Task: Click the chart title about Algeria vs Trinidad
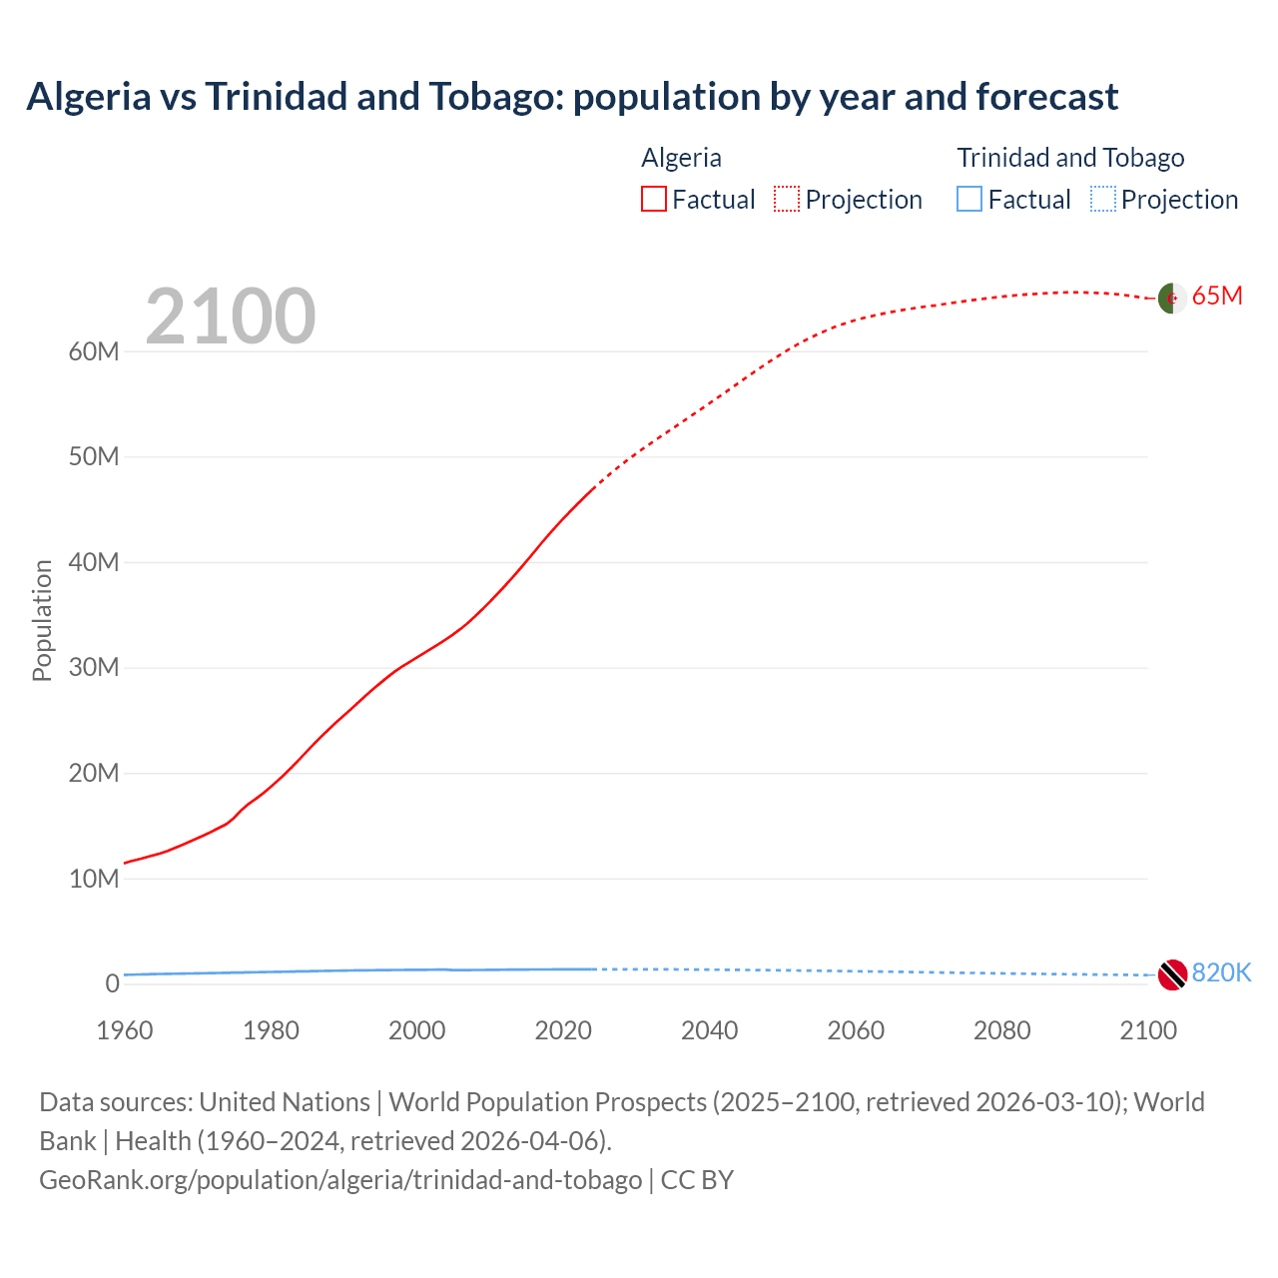(x=572, y=97)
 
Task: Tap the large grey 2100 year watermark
(x=231, y=317)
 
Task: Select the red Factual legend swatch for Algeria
(x=654, y=199)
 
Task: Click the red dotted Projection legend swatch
(x=787, y=199)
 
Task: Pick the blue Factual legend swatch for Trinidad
(x=969, y=199)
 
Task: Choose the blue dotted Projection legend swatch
(x=1103, y=199)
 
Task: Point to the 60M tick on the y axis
(x=94, y=351)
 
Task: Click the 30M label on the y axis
(x=94, y=667)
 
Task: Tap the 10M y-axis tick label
(x=94, y=879)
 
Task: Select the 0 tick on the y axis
(x=112, y=983)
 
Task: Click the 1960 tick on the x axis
(x=125, y=1030)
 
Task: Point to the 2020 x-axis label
(x=563, y=1030)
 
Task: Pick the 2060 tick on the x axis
(x=856, y=1030)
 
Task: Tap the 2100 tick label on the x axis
(x=1148, y=1030)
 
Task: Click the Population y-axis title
(x=42, y=620)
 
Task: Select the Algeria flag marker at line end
(x=1172, y=298)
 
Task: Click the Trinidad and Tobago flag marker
(x=1172, y=973)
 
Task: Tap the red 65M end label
(x=1217, y=297)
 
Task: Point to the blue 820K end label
(x=1221, y=972)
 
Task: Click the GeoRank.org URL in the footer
(x=340, y=1179)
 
